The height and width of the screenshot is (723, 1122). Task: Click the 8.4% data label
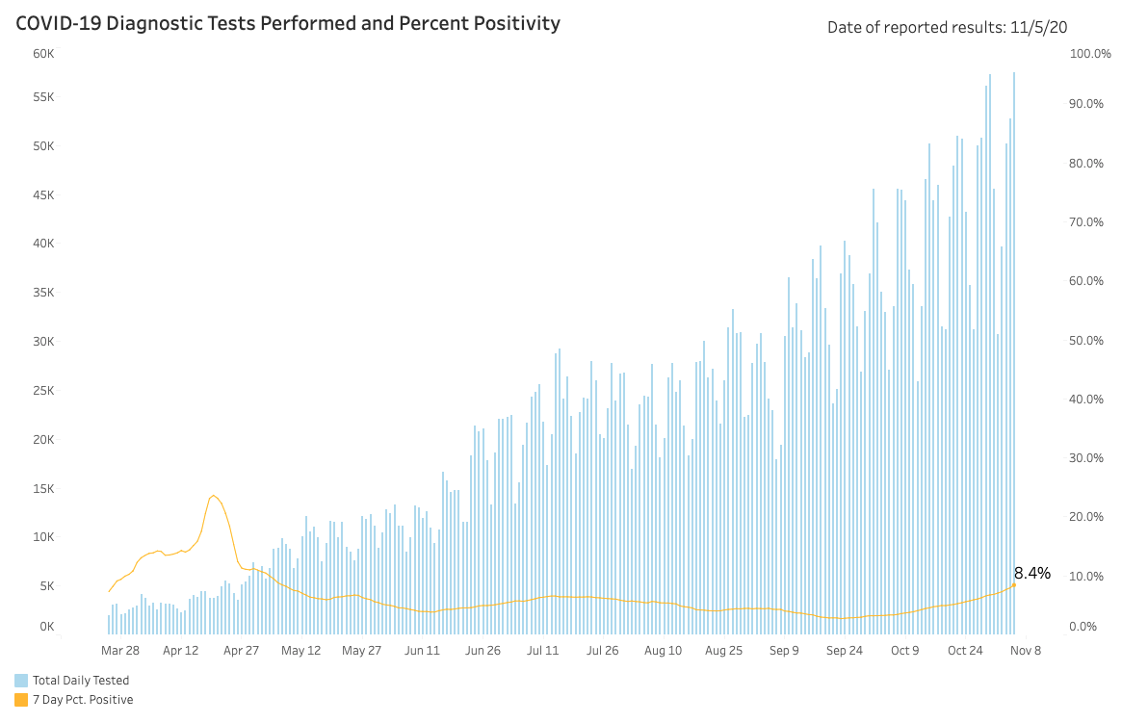[x=1031, y=573]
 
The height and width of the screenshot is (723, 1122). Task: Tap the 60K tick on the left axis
[x=43, y=54]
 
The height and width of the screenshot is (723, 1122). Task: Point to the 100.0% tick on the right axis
[x=1090, y=54]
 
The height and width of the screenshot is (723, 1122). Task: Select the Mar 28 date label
[x=120, y=651]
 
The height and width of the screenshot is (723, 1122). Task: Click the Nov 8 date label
[x=1026, y=651]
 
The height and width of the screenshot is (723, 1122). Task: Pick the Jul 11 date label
[x=542, y=651]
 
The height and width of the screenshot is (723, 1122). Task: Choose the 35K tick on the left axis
[x=43, y=293]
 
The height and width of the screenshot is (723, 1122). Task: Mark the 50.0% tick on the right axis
[x=1086, y=341]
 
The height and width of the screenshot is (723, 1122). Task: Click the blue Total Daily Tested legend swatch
[x=21, y=680]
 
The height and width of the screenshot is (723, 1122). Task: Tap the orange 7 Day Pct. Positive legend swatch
[x=21, y=699]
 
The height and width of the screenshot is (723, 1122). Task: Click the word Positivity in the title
[x=514, y=24]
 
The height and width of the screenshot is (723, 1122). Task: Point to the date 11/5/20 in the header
[x=1038, y=27]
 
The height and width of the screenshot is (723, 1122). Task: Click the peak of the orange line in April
[x=213, y=495]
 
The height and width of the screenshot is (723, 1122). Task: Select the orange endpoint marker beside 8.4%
[x=1014, y=585]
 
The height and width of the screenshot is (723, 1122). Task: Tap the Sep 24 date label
[x=845, y=651]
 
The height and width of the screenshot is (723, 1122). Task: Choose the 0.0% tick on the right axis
[x=1083, y=627]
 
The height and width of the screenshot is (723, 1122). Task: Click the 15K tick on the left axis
[x=43, y=489]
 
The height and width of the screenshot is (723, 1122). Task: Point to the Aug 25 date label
[x=723, y=651]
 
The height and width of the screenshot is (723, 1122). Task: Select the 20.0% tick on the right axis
[x=1086, y=516]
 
